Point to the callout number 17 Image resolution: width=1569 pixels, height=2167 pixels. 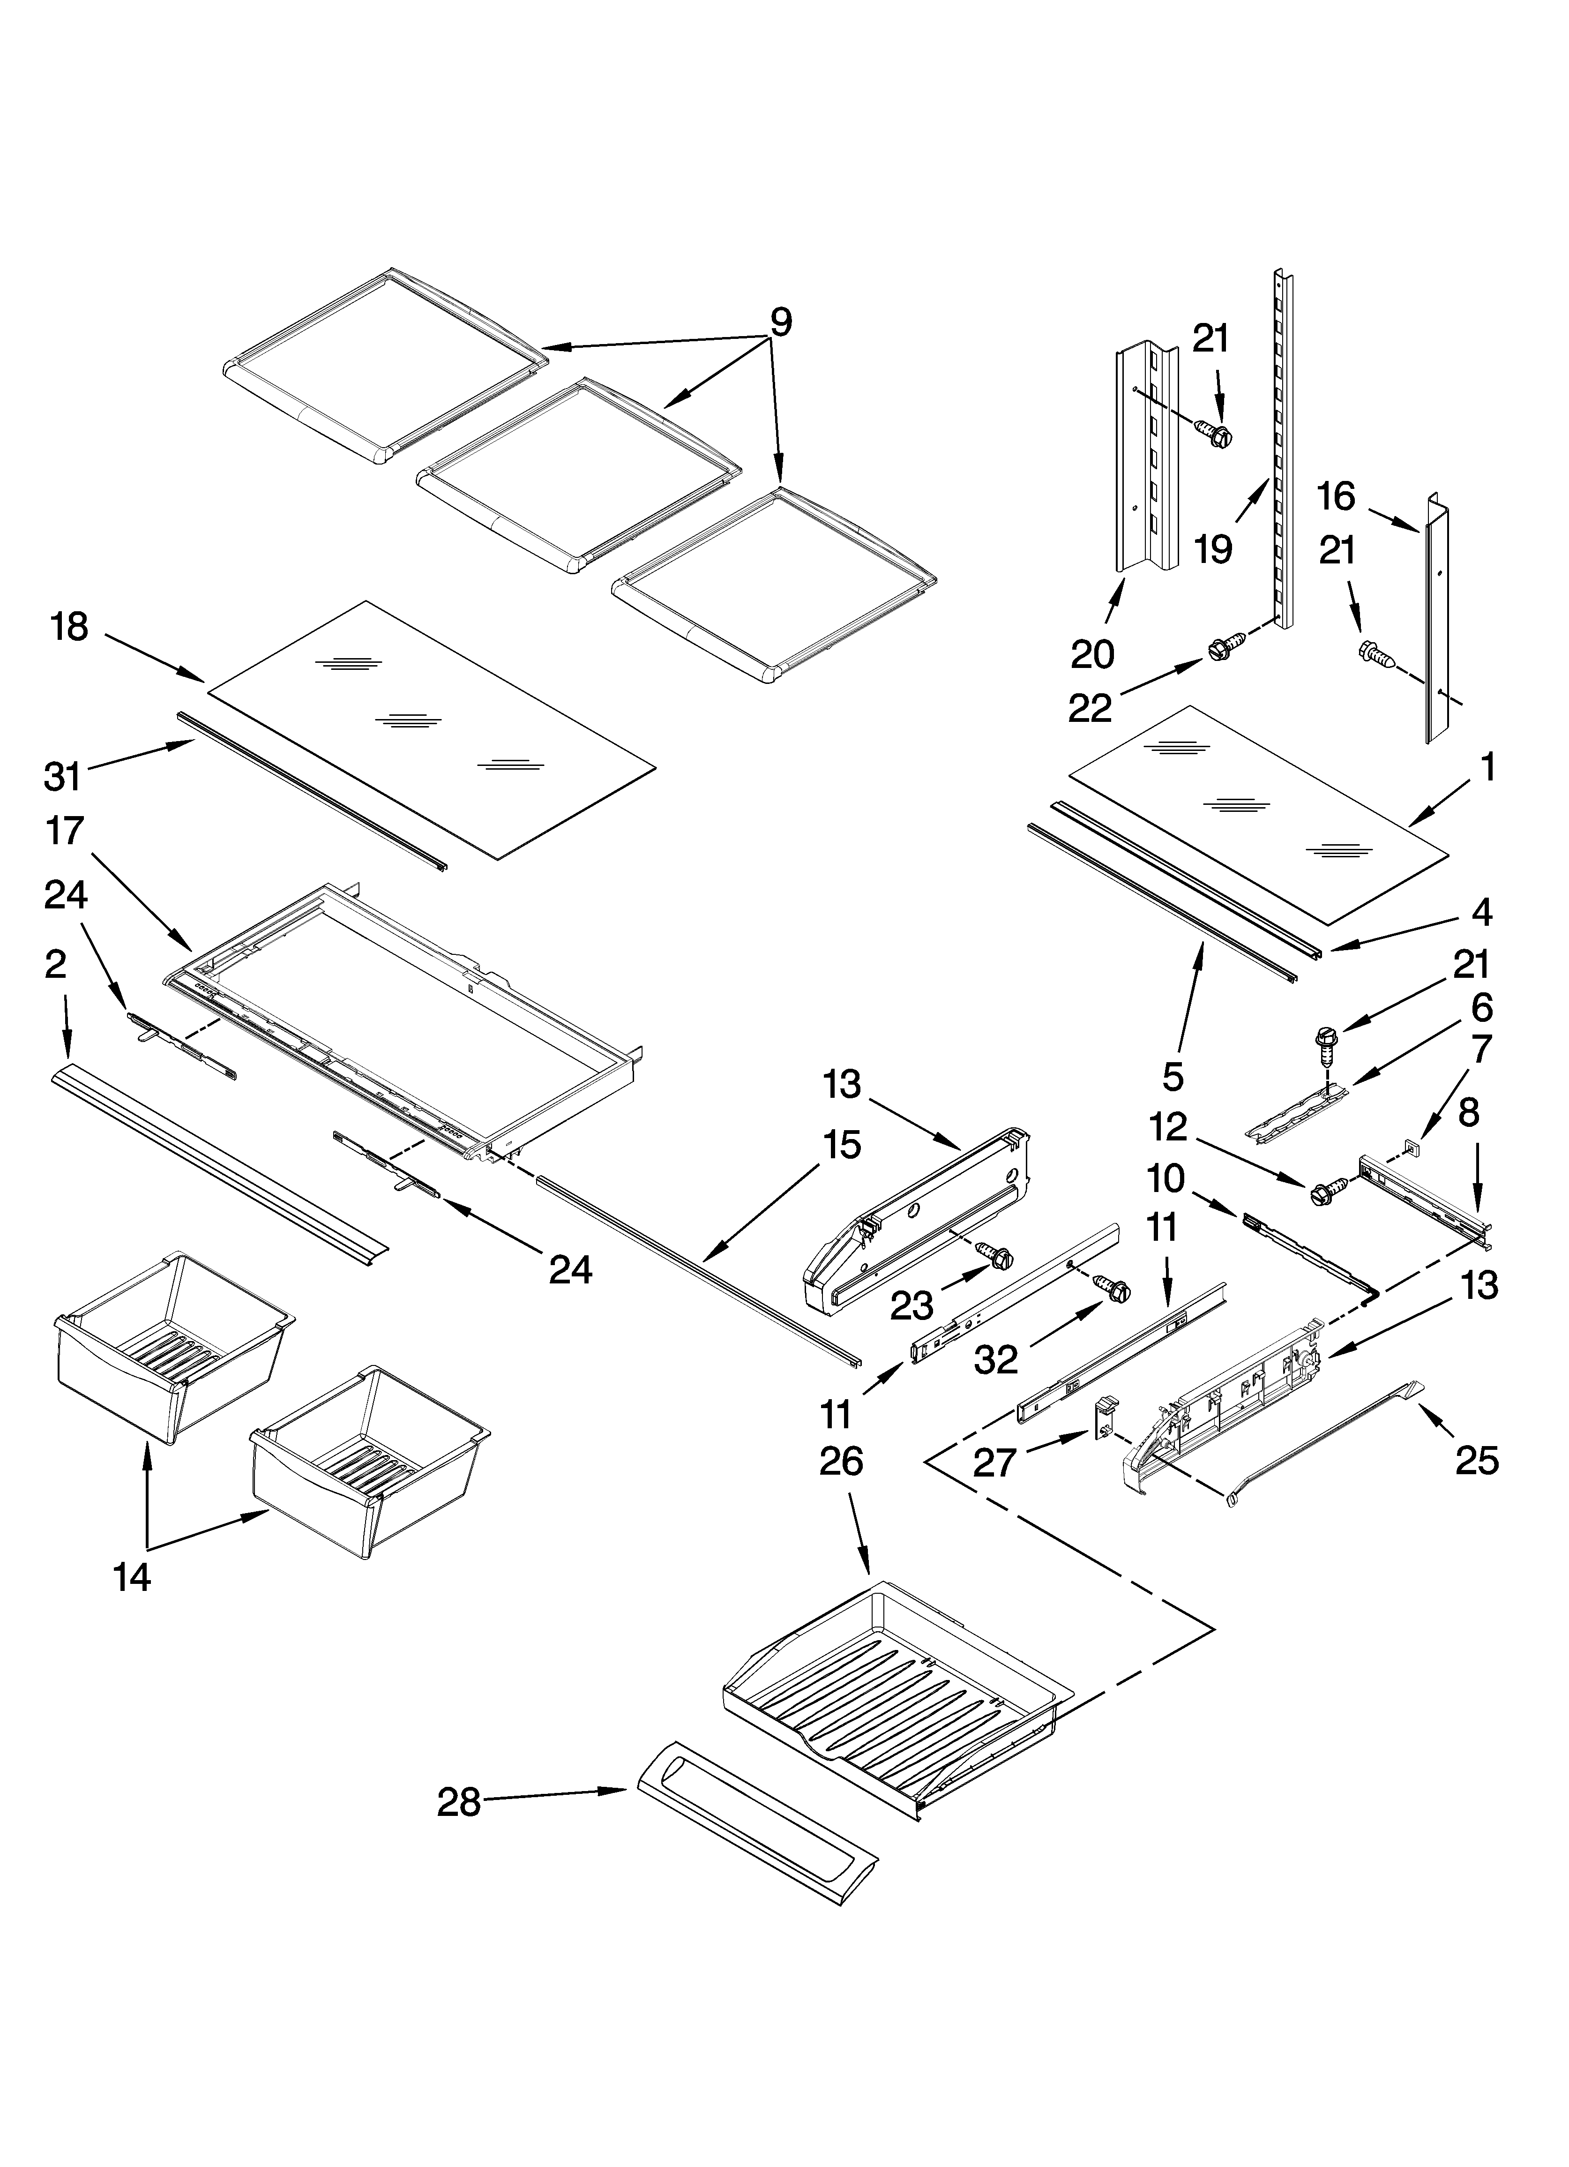point(65,831)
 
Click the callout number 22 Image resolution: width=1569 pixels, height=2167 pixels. point(1090,708)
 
